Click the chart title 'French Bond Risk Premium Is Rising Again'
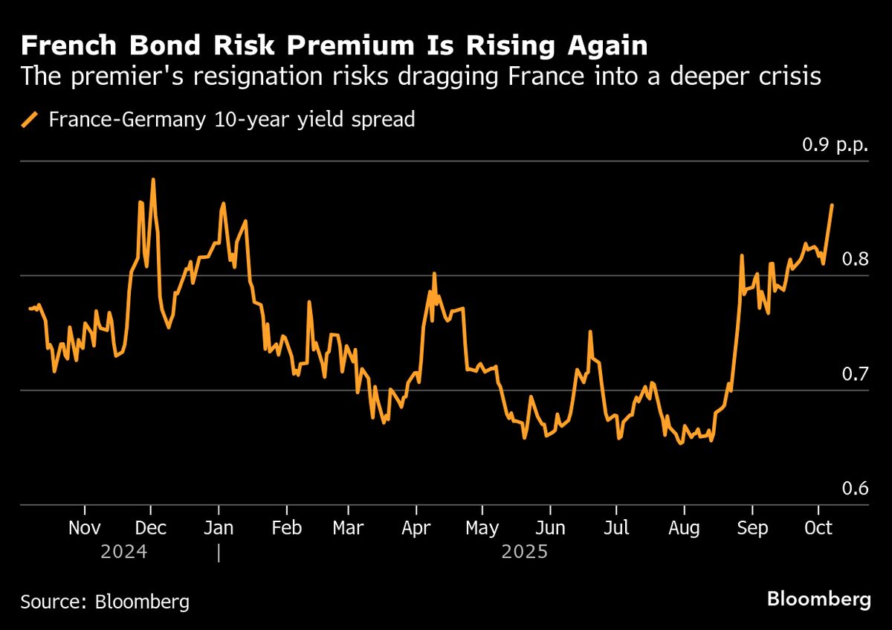coord(334,46)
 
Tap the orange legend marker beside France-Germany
coord(30,120)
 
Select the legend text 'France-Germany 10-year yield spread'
coord(231,120)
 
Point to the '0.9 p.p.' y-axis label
coord(835,145)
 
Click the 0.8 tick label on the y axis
coord(854,259)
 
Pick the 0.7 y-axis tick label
coord(854,373)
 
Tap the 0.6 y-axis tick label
coord(854,488)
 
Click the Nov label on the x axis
coord(85,528)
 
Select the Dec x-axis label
coord(151,528)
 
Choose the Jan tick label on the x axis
coord(219,528)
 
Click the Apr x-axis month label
coord(416,528)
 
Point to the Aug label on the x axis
coord(683,528)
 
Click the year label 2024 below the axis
coord(125,553)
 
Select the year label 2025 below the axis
coord(525,553)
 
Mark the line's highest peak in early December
coord(153,179)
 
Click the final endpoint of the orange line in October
coord(831,205)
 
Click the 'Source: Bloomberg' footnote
coord(105,602)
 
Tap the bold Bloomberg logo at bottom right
coord(818,600)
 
